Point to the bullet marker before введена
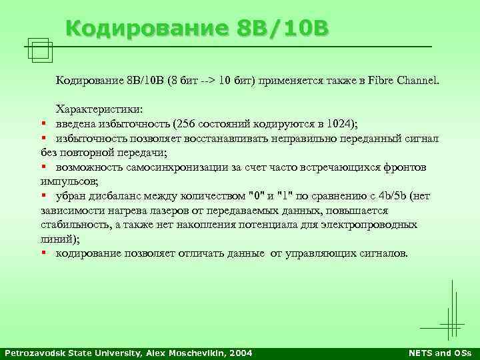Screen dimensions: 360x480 point(43,123)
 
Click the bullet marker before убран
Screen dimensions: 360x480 point(43,195)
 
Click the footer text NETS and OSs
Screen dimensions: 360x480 point(439,352)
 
